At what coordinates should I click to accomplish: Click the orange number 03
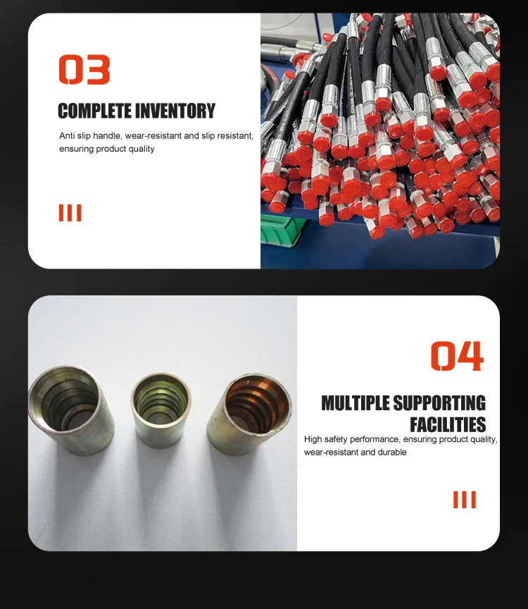pos(84,70)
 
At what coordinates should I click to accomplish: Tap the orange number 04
pos(457,356)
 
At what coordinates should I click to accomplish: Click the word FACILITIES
pos(448,424)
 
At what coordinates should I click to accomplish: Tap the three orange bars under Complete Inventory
pos(70,213)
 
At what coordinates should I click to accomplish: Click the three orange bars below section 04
pos(464,500)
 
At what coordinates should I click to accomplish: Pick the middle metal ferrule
pos(161,409)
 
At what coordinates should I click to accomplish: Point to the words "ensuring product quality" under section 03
pos(106,149)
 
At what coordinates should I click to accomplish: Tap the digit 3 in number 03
pos(98,70)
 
